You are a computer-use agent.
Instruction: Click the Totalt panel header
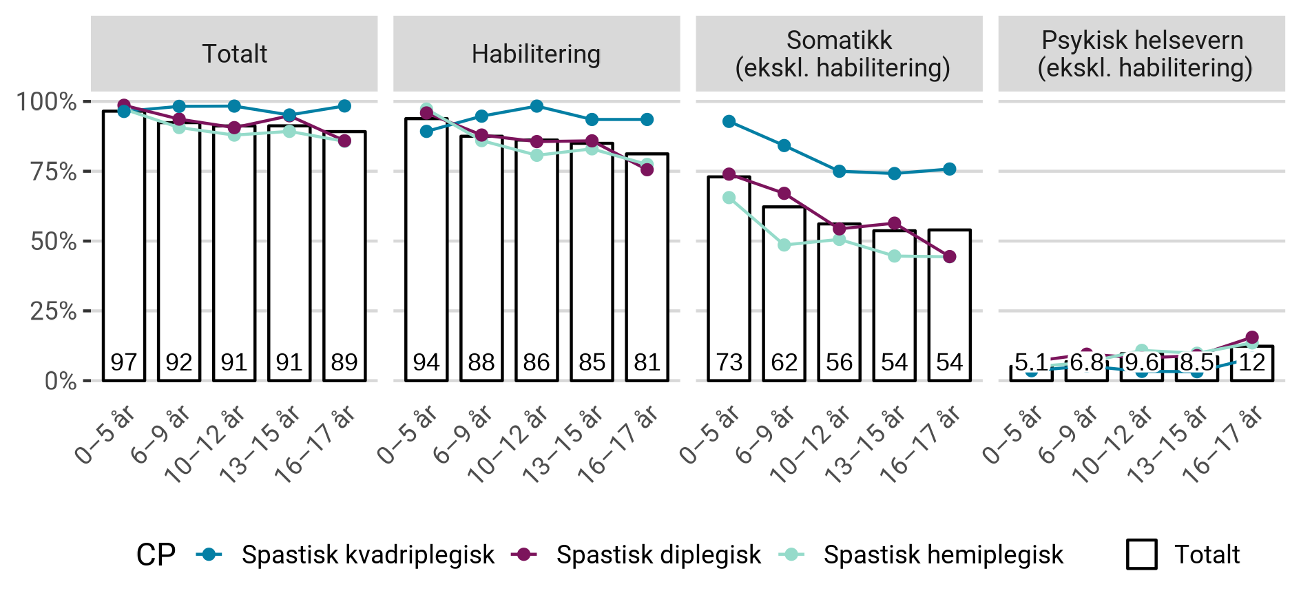pyautogui.click(x=234, y=54)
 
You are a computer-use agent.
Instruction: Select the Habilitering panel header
pyautogui.click(x=536, y=54)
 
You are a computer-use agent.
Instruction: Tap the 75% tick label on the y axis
pyautogui.click(x=53, y=172)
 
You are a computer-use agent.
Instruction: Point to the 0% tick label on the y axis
pyautogui.click(x=60, y=381)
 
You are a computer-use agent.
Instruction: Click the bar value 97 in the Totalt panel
pyautogui.click(x=124, y=362)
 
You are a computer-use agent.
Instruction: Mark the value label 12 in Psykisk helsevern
pyautogui.click(x=1252, y=362)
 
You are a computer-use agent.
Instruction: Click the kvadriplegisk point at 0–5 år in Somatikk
pyautogui.click(x=729, y=122)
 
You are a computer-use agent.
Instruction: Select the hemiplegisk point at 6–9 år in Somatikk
pyautogui.click(x=784, y=245)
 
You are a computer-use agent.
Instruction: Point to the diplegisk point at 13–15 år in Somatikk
pyautogui.click(x=895, y=223)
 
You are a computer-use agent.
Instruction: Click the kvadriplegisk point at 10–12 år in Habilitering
pyautogui.click(x=537, y=106)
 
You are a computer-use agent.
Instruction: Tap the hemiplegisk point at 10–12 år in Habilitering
pyautogui.click(x=537, y=156)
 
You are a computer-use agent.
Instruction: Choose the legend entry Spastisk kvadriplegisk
pyautogui.click(x=367, y=554)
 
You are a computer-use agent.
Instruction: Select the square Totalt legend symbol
pyautogui.click(x=1141, y=554)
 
